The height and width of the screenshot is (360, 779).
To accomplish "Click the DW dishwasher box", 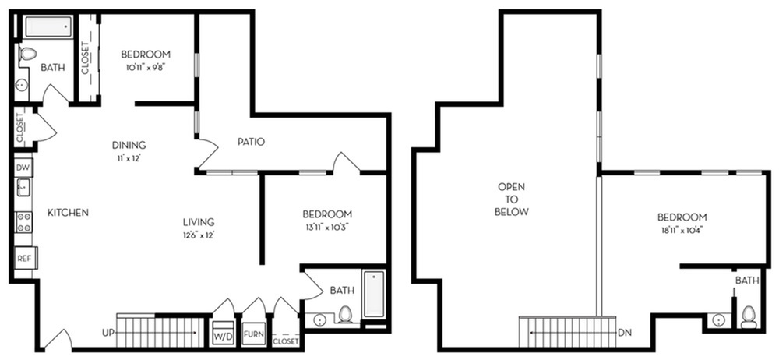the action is point(23,168).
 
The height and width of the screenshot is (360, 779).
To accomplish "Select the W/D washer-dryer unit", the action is point(223,336).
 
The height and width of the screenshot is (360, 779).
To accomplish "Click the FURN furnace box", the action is point(253,335).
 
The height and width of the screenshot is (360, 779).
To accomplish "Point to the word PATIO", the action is point(251,142).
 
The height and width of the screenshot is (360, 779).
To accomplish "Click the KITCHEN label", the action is point(68,213).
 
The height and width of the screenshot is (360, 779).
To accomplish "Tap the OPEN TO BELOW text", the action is point(512,199).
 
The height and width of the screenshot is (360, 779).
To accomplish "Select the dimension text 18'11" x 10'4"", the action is point(682,230).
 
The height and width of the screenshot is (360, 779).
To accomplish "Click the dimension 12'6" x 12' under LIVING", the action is point(198,235).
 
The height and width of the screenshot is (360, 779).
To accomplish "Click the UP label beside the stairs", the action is point(108,331).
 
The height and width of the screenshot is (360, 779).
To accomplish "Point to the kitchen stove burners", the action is point(24,222).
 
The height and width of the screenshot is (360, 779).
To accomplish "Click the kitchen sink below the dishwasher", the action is point(23,189).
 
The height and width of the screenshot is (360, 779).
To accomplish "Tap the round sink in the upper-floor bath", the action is point(717,321).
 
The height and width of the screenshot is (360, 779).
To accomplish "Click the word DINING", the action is point(129,146).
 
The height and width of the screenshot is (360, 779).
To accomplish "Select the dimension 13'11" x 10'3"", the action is point(328,228).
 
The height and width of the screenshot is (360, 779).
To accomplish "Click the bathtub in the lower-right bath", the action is point(374,295).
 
